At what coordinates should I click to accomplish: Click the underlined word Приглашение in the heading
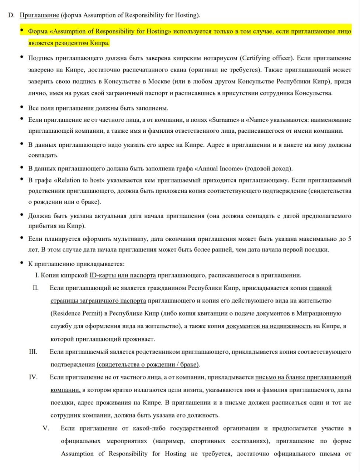[x=39, y=15]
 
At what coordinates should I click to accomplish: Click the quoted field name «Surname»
[x=224, y=120]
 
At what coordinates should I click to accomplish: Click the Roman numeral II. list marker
[x=35, y=288]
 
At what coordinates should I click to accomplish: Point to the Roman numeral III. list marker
[x=33, y=352]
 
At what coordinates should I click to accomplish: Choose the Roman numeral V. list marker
[x=46, y=428]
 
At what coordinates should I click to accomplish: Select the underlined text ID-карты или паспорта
[x=122, y=275]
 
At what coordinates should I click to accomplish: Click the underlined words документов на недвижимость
[x=269, y=326]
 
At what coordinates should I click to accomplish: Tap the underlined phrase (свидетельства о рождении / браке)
[x=148, y=365]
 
